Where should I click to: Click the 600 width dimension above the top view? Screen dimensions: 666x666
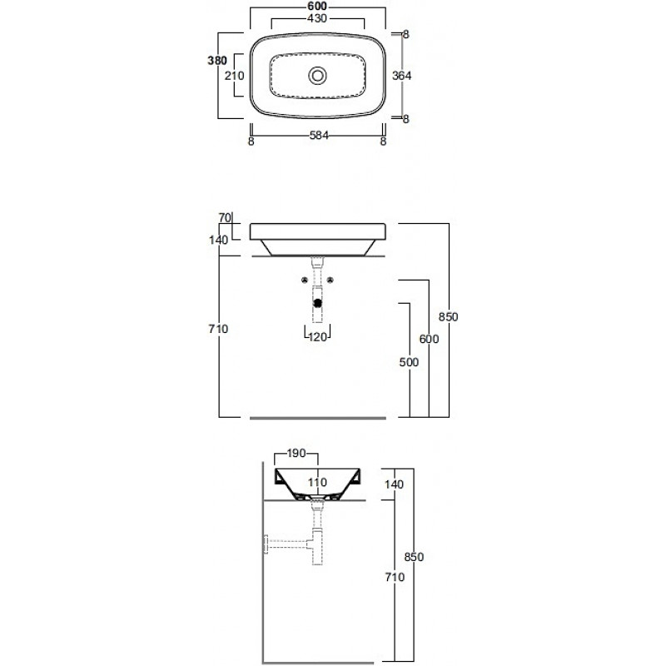[x=317, y=7]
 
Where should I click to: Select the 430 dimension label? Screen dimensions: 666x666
[x=317, y=18]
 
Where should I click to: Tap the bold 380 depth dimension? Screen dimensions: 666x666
[x=217, y=61]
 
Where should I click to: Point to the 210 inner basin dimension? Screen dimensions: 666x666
[x=235, y=76]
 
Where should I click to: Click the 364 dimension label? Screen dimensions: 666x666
[x=401, y=76]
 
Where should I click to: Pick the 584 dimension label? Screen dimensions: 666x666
[x=319, y=136]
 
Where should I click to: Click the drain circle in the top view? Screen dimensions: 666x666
[x=317, y=76]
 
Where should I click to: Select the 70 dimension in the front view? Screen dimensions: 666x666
[x=225, y=217]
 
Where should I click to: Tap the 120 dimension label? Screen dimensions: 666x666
[x=318, y=337]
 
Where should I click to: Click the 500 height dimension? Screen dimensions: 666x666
[x=409, y=362]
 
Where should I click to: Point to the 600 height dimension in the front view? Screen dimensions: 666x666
[x=429, y=339]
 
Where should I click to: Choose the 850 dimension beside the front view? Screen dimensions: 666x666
[x=449, y=317]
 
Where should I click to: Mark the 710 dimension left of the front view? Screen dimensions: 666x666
[x=218, y=329]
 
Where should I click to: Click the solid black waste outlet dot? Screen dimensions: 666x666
[x=317, y=303]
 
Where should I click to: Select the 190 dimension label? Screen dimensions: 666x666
[x=296, y=454]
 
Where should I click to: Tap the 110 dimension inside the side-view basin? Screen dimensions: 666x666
[x=317, y=483]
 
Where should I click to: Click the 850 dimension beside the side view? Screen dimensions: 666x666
[x=414, y=557]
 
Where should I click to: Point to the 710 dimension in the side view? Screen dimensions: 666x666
[x=395, y=577]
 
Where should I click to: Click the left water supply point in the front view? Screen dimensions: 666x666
[x=305, y=280]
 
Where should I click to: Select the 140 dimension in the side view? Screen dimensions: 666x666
[x=394, y=485]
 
